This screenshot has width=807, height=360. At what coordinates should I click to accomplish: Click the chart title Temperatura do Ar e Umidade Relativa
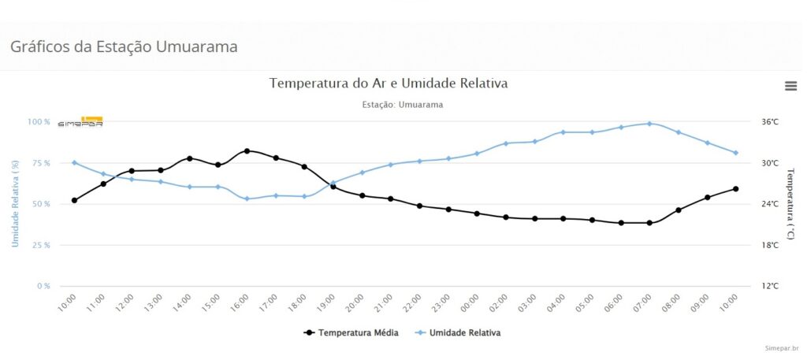pyautogui.click(x=389, y=83)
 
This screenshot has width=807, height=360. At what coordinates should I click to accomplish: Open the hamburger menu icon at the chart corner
pyautogui.click(x=790, y=86)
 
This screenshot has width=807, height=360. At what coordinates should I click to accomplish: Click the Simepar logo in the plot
pyautogui.click(x=80, y=122)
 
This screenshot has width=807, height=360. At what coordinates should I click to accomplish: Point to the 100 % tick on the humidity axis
pyautogui.click(x=38, y=122)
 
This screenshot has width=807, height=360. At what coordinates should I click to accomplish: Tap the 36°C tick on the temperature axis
pyautogui.click(x=770, y=122)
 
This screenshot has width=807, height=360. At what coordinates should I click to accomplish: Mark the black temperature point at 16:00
pyautogui.click(x=247, y=150)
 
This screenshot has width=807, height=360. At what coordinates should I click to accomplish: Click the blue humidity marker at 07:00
pyautogui.click(x=649, y=124)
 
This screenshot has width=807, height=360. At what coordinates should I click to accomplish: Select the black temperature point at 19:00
pyautogui.click(x=333, y=187)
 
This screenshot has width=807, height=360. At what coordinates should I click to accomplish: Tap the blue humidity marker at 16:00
pyautogui.click(x=247, y=199)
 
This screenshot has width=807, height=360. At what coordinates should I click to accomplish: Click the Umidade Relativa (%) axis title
pyautogui.click(x=15, y=203)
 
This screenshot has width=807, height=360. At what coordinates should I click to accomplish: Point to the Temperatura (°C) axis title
pyautogui.click(x=790, y=203)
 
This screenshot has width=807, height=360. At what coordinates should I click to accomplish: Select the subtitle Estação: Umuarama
pyautogui.click(x=402, y=105)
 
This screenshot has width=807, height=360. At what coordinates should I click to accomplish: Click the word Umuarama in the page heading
pyautogui.click(x=197, y=46)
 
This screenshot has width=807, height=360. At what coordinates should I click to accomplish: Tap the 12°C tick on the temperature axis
pyautogui.click(x=770, y=286)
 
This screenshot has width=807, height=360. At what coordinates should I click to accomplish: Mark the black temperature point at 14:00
pyautogui.click(x=189, y=158)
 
